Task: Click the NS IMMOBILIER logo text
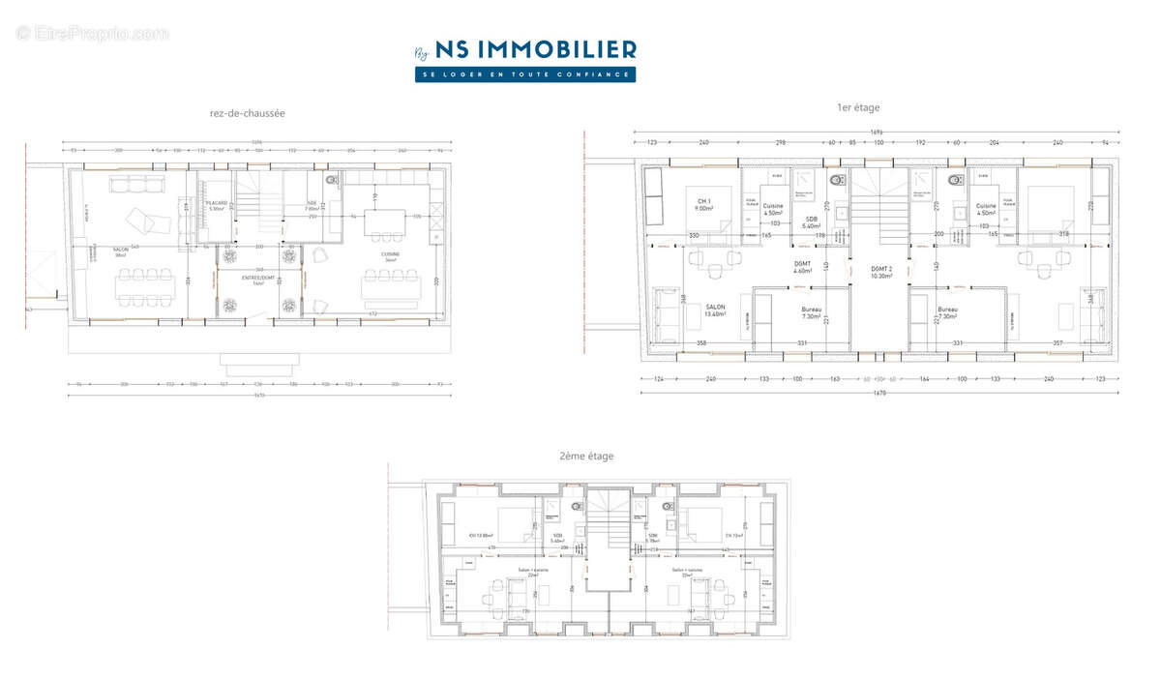point(536,49)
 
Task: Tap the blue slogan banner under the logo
point(525,74)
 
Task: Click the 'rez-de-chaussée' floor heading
point(247,113)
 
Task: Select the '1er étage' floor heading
point(858,107)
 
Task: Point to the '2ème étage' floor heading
point(585,456)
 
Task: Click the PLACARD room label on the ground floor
point(217,205)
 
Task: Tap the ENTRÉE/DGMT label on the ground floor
point(259,280)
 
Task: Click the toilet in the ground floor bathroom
point(331,181)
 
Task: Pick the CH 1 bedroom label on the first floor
point(704,204)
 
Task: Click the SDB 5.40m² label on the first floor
point(811,221)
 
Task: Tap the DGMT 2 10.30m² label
point(879,272)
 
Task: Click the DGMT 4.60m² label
point(802,268)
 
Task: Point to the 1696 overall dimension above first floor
point(876,132)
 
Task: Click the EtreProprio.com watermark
point(93,33)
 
